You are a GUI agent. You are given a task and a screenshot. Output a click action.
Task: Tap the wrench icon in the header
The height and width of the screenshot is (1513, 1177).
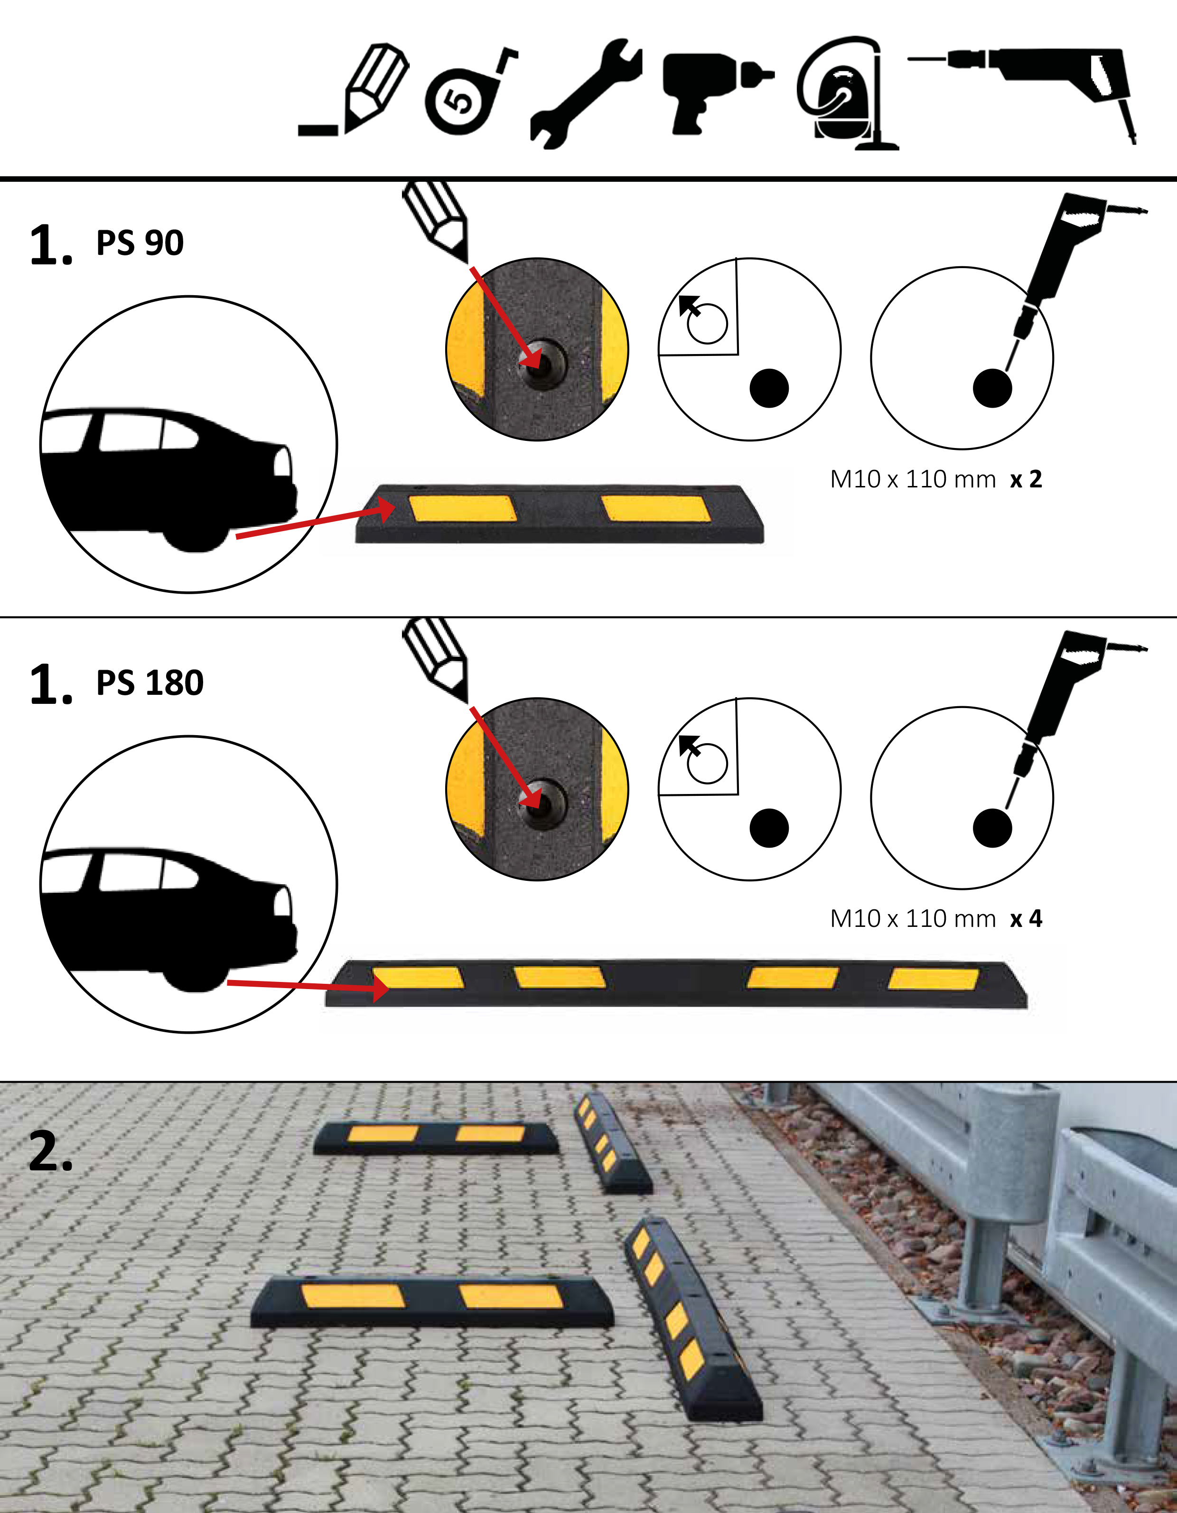coord(585,93)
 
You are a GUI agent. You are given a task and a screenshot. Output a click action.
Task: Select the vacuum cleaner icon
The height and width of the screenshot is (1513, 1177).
coord(847,93)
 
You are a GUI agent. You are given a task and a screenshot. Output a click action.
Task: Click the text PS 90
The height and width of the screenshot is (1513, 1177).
coord(140,243)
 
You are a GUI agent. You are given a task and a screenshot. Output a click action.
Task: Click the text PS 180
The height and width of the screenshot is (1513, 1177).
coord(149,683)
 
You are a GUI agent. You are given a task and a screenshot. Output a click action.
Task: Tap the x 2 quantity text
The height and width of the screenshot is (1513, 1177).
coord(1026,479)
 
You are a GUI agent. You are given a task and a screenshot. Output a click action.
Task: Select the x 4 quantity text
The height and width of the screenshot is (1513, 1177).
coord(1026,919)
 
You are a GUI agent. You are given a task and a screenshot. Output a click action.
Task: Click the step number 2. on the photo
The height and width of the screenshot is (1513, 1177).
coord(51,1151)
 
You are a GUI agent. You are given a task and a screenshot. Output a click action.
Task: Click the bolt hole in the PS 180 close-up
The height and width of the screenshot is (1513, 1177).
coord(542,802)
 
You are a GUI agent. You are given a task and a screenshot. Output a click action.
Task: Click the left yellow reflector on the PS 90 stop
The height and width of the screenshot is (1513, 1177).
coord(463,508)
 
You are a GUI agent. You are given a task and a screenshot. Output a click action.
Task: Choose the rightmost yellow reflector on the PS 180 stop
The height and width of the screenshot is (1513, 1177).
coord(933,980)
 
